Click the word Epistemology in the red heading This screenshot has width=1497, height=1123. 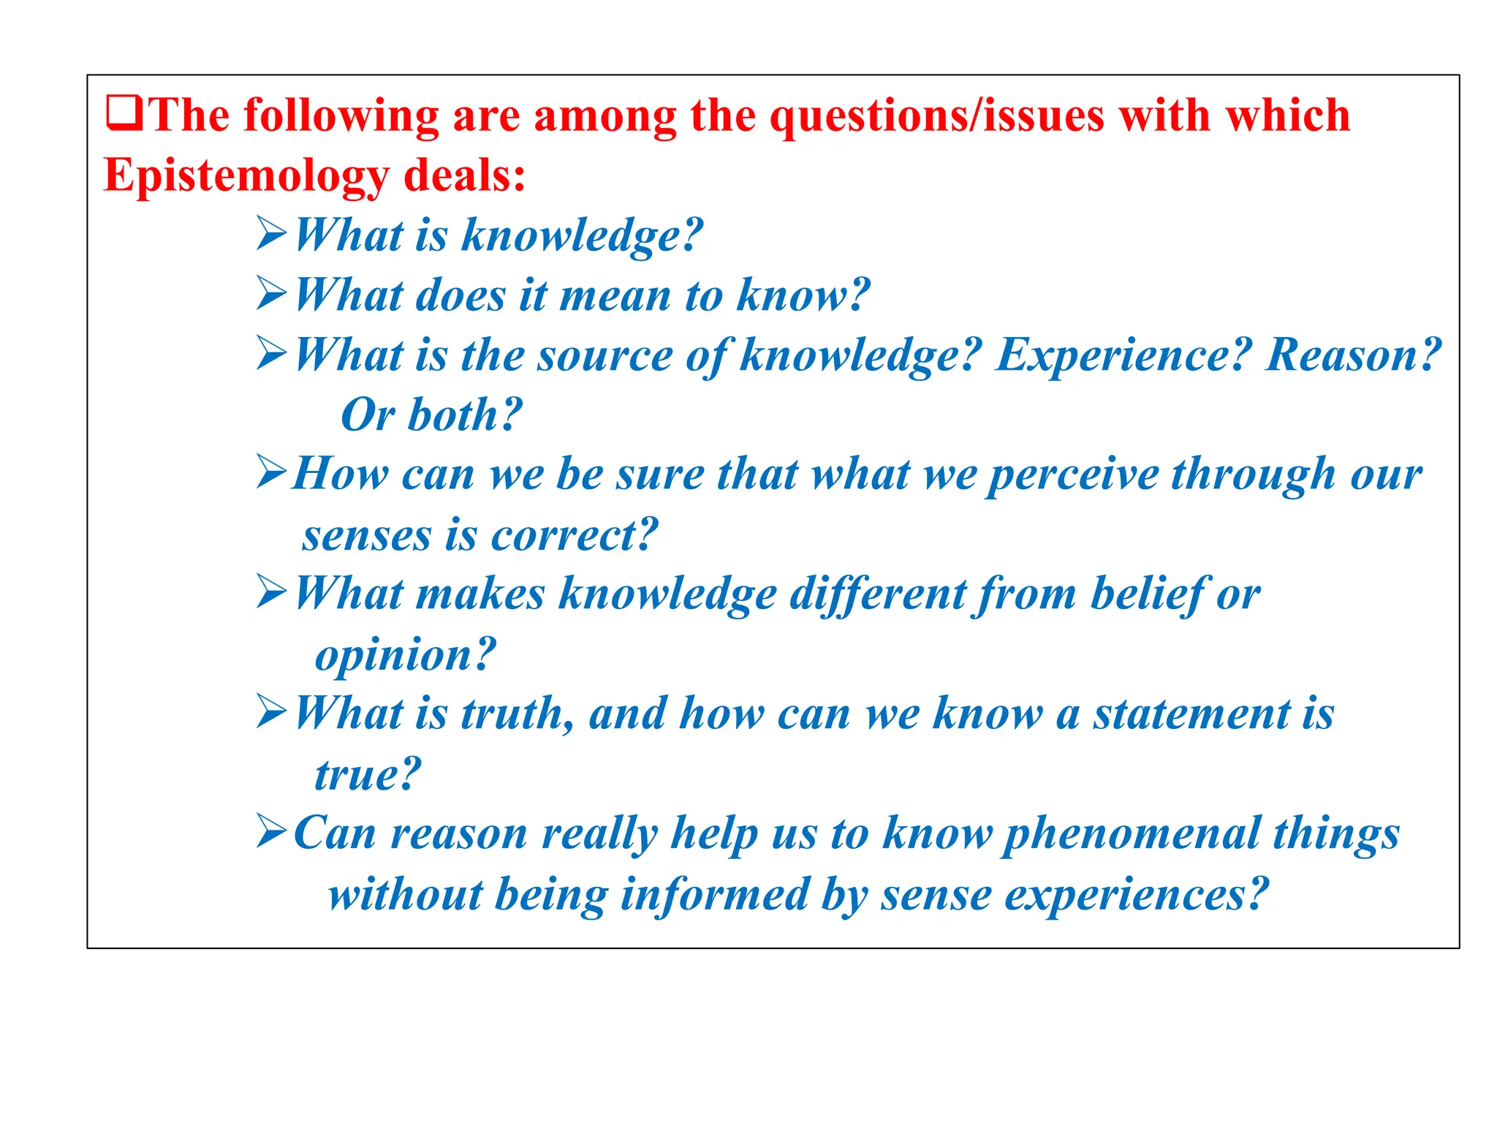point(246,177)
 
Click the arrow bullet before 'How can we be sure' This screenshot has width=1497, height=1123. point(272,473)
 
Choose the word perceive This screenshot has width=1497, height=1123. point(1073,475)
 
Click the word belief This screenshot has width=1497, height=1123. point(1147,593)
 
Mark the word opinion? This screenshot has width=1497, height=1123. point(405,654)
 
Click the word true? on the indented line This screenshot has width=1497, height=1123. point(368,774)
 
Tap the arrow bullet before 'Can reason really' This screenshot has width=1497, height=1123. point(272,833)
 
